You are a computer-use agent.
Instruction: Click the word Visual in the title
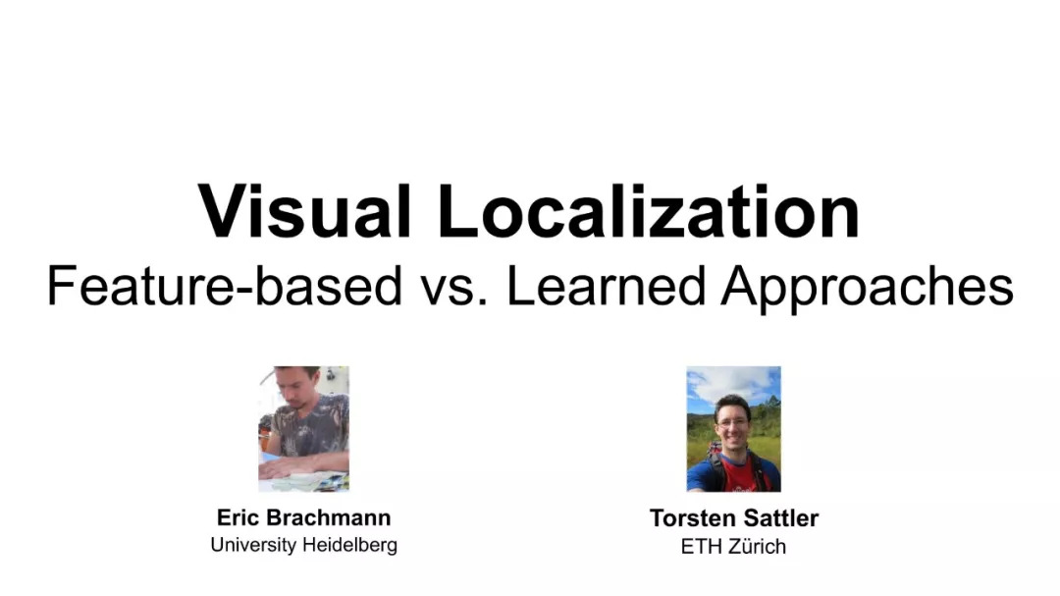tap(304, 211)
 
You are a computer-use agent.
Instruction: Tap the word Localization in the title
tap(649, 211)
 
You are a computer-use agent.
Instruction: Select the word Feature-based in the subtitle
tap(225, 286)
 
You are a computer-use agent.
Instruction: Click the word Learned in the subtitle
tap(607, 286)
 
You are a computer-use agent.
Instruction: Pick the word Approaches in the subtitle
tap(868, 288)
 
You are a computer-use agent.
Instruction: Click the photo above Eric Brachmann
tap(303, 429)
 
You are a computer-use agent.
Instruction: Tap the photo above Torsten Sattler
tap(733, 429)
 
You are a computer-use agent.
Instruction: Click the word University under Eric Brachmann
tap(253, 545)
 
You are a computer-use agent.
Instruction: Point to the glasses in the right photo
tap(732, 422)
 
